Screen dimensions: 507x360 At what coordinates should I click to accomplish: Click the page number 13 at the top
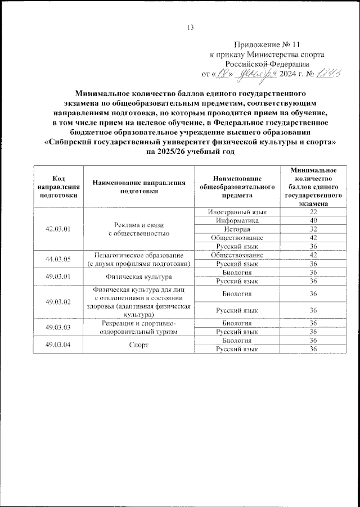point(190,28)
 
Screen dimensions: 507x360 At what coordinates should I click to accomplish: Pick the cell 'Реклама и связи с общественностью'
point(138,229)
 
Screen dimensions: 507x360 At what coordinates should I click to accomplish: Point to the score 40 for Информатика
point(314,221)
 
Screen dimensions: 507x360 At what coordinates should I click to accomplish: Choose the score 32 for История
point(314,229)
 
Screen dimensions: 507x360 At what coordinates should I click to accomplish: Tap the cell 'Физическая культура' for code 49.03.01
point(138,277)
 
